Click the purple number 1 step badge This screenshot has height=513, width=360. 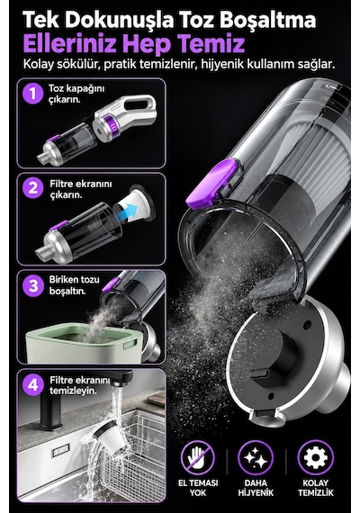point(32,94)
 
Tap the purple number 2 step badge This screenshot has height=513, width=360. point(32,188)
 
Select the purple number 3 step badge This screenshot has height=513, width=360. point(32,286)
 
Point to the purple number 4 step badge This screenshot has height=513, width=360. point(32,385)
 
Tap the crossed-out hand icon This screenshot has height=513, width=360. point(198,458)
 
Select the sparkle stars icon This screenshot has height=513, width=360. point(256,458)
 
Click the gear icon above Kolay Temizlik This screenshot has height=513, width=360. point(316,458)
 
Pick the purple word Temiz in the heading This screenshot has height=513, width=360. point(211,44)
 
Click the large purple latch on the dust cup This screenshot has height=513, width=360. point(212,184)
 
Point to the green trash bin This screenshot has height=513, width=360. point(83,343)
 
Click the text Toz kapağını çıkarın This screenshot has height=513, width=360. point(76,94)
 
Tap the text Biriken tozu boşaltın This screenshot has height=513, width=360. point(74,285)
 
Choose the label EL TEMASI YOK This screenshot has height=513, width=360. point(198,488)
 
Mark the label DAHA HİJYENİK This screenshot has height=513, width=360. point(256,488)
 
